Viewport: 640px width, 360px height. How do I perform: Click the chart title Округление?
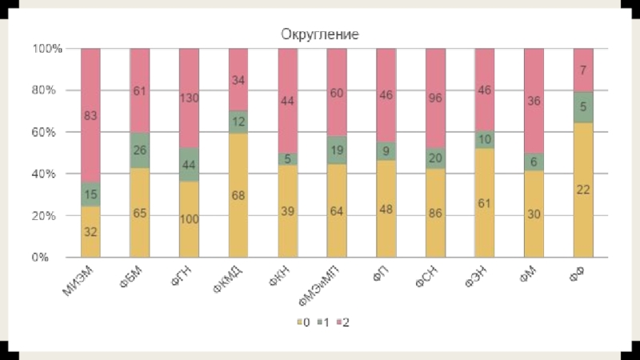[x=319, y=34]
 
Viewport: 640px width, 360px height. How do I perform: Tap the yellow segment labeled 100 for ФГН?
[x=189, y=219]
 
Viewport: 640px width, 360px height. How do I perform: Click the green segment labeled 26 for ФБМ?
[x=140, y=150]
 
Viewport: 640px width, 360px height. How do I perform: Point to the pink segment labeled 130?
[x=189, y=98]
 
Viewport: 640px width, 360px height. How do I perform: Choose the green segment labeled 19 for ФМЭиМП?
[x=337, y=150]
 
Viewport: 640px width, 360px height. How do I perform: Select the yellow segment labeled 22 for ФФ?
[x=583, y=190]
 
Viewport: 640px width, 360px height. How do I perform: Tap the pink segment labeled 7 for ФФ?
[x=583, y=70]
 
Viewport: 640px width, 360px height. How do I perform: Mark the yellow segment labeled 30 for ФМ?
[x=534, y=214]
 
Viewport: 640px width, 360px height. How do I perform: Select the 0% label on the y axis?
[x=52, y=258]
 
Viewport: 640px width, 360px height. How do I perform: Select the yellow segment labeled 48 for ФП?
[x=386, y=209]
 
